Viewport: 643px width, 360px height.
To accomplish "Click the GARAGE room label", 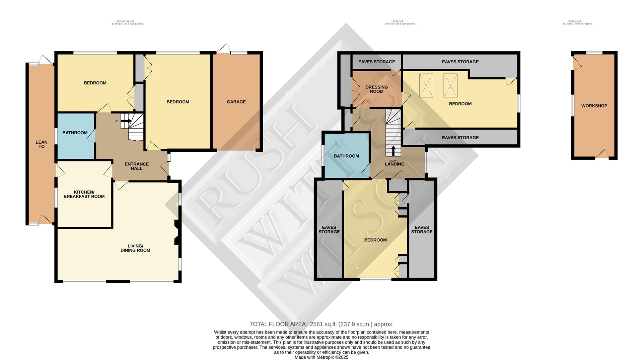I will (x=236, y=102).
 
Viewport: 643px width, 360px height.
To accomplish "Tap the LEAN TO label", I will (x=42, y=144).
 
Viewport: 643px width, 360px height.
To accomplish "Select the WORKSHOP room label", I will (x=594, y=106).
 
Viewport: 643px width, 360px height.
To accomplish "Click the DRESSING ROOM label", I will (x=376, y=89).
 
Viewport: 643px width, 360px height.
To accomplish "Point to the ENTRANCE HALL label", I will (x=137, y=166).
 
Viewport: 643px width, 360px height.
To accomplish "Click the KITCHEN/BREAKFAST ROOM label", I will (x=84, y=194).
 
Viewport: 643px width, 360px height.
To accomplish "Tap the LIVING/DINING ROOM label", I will (x=135, y=248).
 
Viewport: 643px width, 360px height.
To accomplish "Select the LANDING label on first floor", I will (x=395, y=164).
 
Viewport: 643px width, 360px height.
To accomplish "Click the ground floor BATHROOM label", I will (x=75, y=133).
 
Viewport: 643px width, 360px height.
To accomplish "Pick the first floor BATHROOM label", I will (x=346, y=156).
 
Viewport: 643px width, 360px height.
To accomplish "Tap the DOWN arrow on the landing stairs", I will (x=393, y=150).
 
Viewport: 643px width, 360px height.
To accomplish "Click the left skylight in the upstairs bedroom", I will (x=426, y=85).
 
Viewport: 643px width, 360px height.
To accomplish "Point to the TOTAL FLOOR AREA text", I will (x=321, y=324).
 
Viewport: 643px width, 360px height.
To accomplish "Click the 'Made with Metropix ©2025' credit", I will (x=321, y=357).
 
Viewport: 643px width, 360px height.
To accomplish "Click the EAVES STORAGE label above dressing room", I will (x=376, y=62).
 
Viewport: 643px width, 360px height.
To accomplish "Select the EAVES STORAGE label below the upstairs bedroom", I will (x=460, y=138).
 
